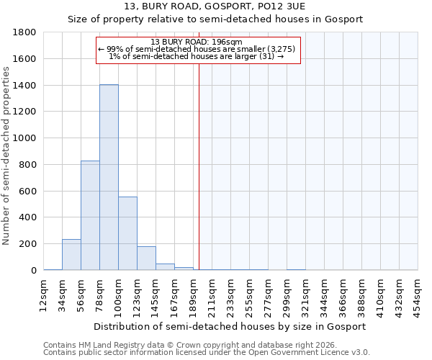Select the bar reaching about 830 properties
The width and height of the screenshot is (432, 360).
click(x=90, y=215)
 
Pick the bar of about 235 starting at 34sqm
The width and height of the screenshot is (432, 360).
click(x=71, y=255)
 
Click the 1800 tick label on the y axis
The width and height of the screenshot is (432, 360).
click(x=25, y=32)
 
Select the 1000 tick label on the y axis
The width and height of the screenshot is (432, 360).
click(x=25, y=138)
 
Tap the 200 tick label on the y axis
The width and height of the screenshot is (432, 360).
click(x=28, y=244)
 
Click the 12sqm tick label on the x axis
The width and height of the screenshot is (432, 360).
click(x=44, y=293)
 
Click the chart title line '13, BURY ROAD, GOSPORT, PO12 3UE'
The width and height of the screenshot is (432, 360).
click(x=215, y=6)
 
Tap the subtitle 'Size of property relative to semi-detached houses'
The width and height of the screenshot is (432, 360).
click(x=215, y=19)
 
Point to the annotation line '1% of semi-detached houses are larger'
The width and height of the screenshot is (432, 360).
click(x=196, y=56)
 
